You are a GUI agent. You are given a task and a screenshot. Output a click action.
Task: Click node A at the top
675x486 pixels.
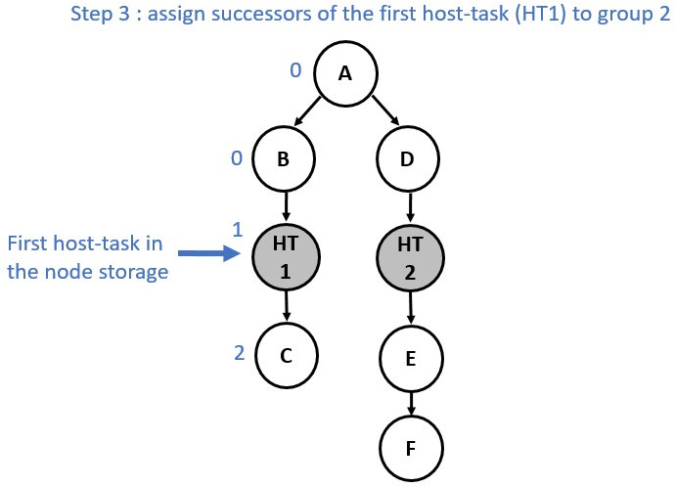[x=345, y=73]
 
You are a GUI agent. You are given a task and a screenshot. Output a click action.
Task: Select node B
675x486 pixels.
[x=284, y=158]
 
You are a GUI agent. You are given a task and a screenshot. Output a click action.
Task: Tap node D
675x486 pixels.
[x=408, y=158]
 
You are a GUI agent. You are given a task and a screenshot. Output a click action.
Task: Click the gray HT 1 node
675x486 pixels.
[x=286, y=257]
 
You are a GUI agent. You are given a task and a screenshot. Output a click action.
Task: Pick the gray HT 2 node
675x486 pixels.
[x=410, y=258]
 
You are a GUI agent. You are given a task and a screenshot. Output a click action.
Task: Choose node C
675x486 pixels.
[x=287, y=356]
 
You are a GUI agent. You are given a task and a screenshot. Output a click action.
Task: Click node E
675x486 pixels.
[x=411, y=359]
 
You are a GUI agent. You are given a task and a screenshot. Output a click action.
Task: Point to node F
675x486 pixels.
[x=411, y=449]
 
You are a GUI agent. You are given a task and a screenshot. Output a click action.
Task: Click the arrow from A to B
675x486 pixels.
[x=307, y=111]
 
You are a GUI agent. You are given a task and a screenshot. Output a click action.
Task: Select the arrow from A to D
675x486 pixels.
[x=385, y=110]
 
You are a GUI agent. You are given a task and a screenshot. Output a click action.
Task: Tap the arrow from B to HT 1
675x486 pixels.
[x=286, y=205]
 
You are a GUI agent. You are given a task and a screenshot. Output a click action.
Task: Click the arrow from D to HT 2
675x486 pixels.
[x=410, y=207]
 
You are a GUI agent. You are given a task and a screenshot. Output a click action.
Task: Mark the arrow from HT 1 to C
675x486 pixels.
[x=287, y=306]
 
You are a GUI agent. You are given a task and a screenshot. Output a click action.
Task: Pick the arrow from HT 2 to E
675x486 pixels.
[x=411, y=308]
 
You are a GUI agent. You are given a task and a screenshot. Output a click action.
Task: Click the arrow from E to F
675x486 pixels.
[x=411, y=403]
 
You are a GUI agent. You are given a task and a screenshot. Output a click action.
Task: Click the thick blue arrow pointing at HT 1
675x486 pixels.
[x=209, y=253]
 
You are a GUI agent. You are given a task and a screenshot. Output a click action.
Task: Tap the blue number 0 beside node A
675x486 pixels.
[x=295, y=70]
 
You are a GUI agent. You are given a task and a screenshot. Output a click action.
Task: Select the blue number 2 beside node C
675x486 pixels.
[x=240, y=353]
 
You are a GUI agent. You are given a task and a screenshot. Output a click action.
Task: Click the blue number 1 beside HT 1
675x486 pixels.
[x=238, y=230]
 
